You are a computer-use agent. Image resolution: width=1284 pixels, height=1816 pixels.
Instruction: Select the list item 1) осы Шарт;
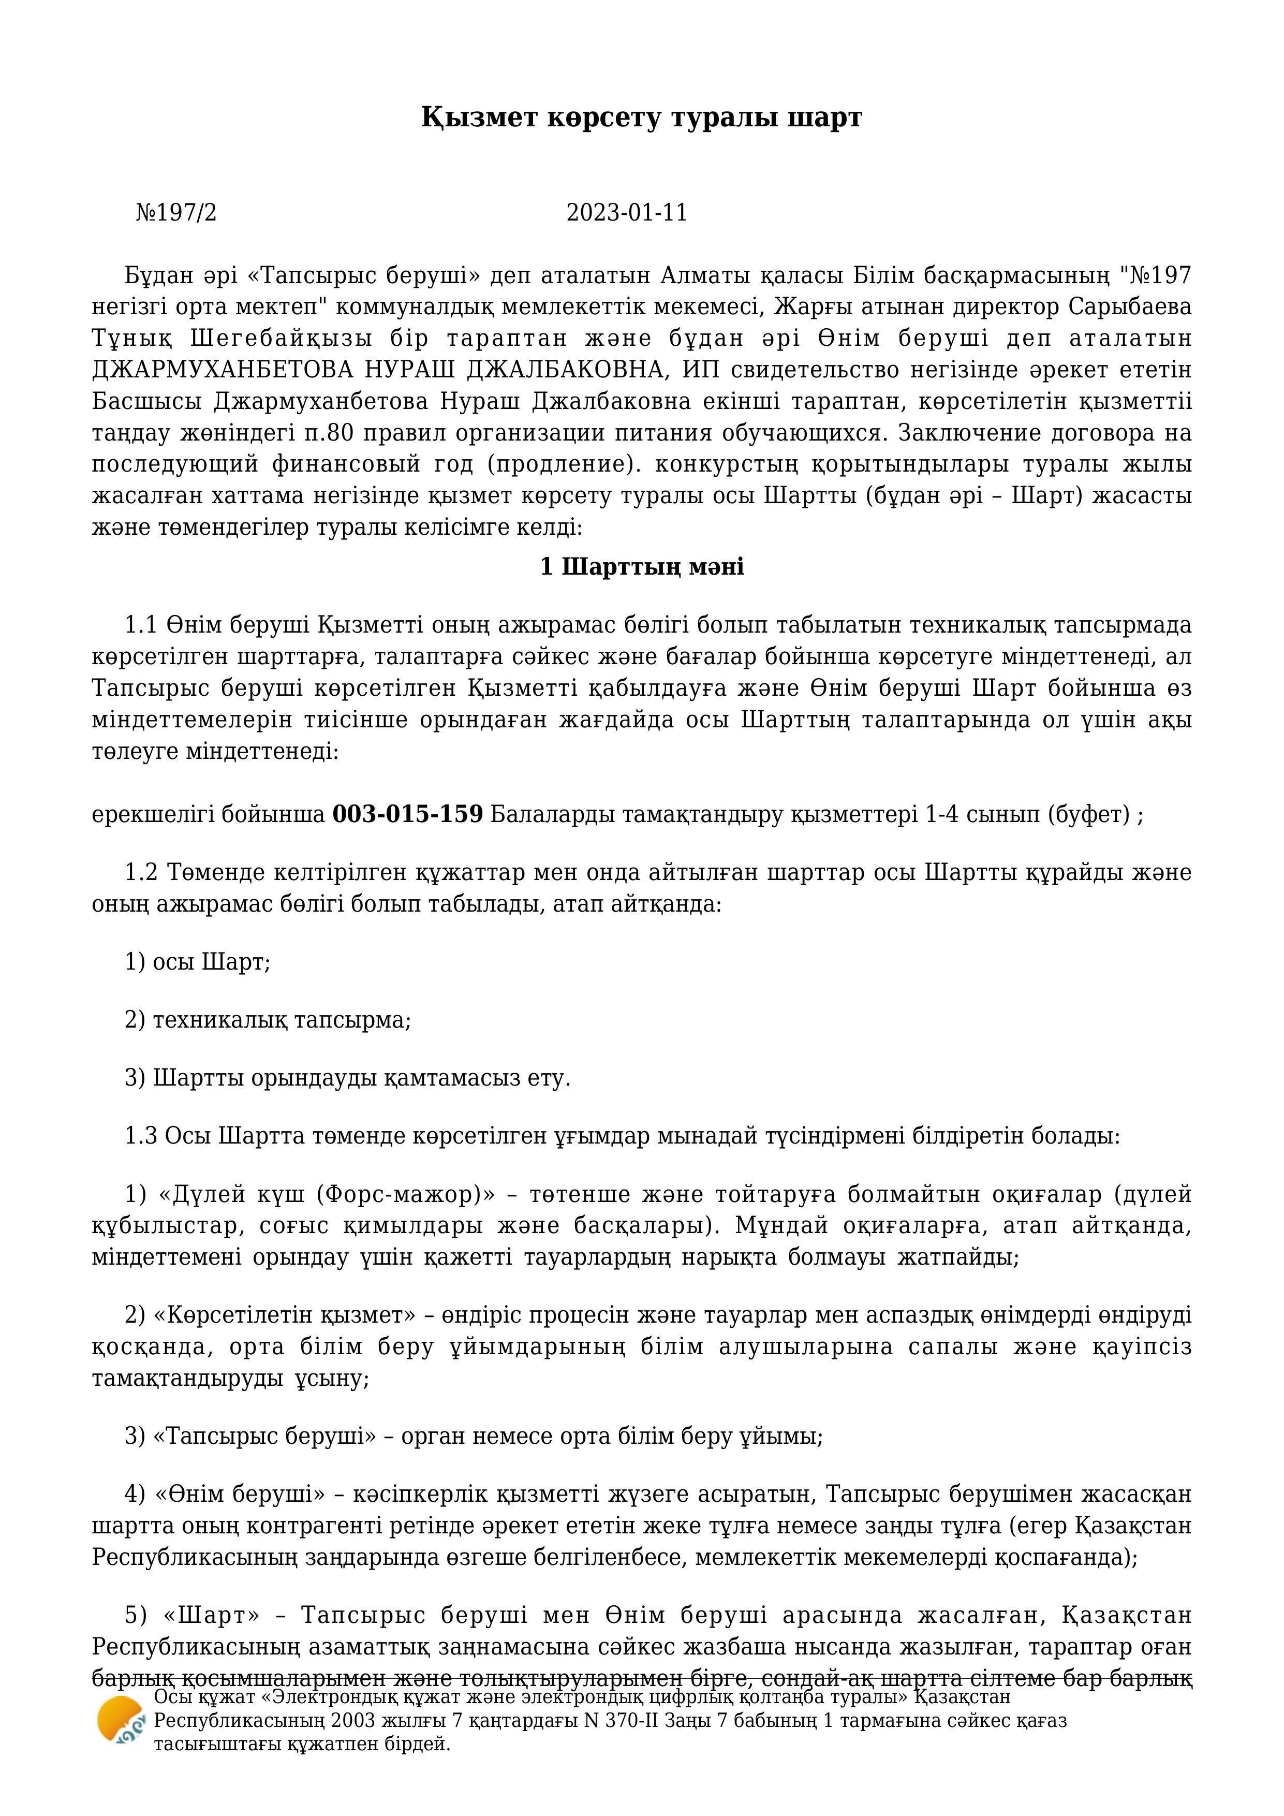click(x=198, y=962)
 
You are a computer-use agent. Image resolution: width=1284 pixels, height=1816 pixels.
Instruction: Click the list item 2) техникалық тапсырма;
click(x=268, y=1020)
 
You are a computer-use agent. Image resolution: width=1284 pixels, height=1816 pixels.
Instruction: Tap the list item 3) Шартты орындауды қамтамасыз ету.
click(x=347, y=1078)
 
